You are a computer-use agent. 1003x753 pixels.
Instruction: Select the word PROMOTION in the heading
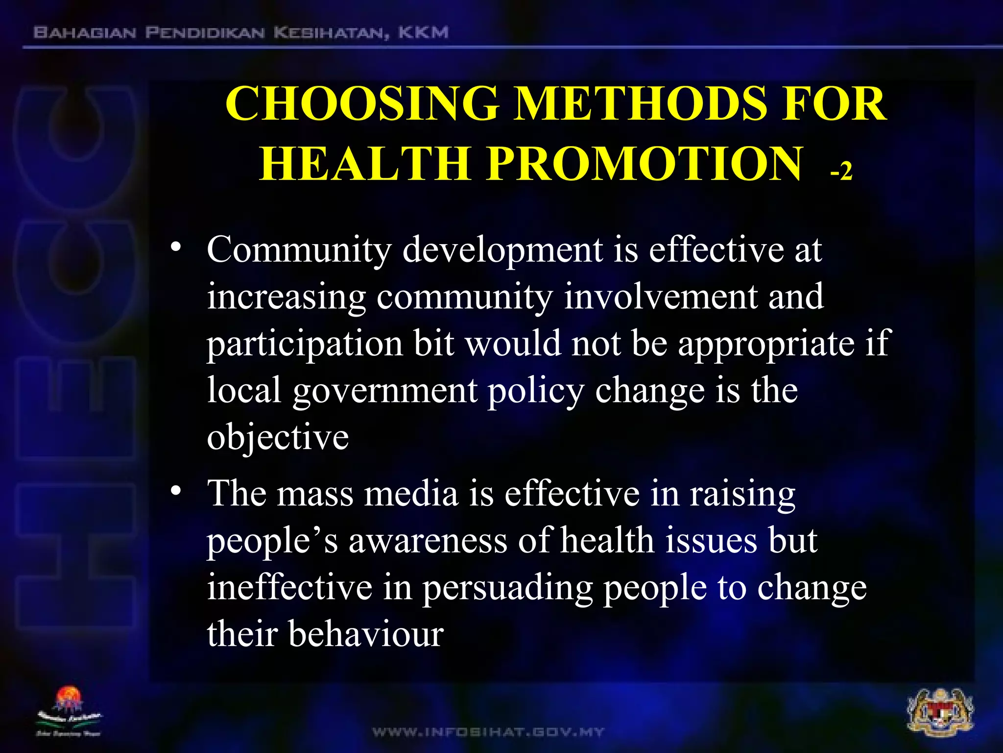pyautogui.click(x=645, y=164)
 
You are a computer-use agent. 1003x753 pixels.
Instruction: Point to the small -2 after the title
pyautogui.click(x=841, y=172)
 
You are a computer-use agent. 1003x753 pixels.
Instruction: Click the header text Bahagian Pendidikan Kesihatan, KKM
pyautogui.click(x=240, y=33)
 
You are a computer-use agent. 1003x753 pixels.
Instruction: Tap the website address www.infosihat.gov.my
pyautogui.click(x=488, y=732)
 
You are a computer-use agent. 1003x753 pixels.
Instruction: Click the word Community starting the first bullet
pyautogui.click(x=299, y=250)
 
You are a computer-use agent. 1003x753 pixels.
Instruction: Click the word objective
pyautogui.click(x=278, y=438)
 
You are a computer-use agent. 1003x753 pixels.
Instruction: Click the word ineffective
pyautogui.click(x=289, y=588)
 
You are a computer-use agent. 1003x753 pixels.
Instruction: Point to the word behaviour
pyautogui.click(x=365, y=634)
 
